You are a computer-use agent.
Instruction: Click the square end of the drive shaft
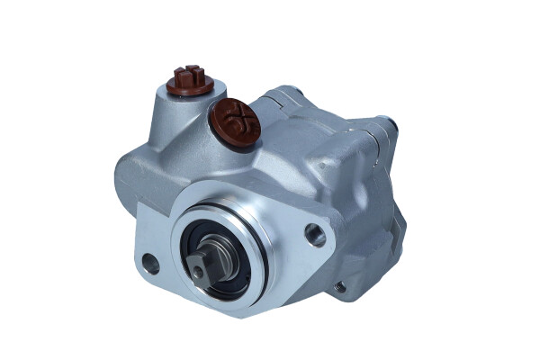click(x=199, y=264)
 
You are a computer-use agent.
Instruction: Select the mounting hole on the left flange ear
click(x=150, y=264)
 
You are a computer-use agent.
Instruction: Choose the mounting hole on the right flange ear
click(x=315, y=236)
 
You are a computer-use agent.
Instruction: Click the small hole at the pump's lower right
click(x=339, y=288)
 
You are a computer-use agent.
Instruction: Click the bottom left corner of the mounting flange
click(x=144, y=274)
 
